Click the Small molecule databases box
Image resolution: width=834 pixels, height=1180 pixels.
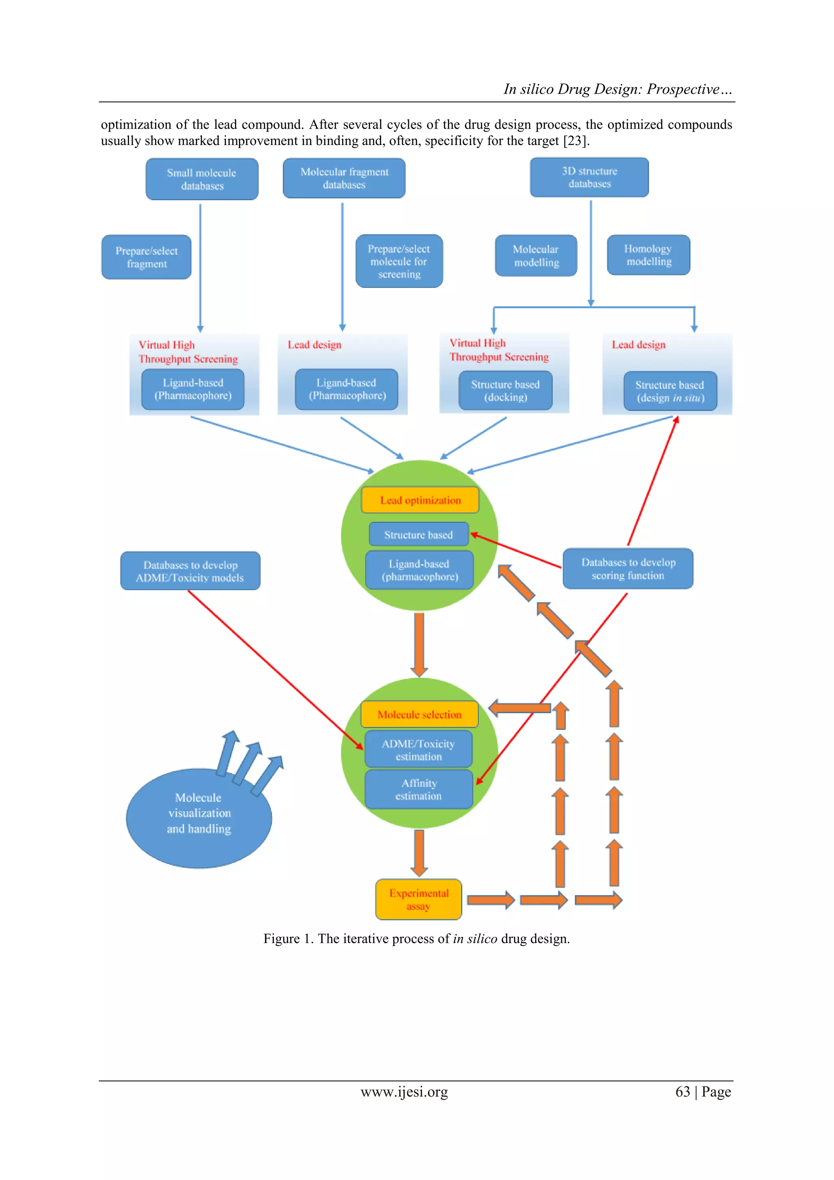point(202,179)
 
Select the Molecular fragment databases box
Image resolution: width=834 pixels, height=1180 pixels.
point(344,178)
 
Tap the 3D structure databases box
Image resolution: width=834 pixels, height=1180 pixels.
point(589,177)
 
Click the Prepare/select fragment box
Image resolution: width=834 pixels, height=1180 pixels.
point(147,257)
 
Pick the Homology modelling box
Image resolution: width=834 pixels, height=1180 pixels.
point(648,255)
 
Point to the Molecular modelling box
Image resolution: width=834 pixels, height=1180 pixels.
point(536,255)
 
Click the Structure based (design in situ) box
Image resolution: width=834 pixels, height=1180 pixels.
point(669,391)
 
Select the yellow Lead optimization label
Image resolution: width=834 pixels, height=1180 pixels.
point(420,500)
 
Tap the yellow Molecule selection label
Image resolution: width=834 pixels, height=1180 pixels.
point(419,714)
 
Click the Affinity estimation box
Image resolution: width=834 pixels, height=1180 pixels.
point(418,789)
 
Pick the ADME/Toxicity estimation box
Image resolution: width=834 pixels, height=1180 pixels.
point(418,750)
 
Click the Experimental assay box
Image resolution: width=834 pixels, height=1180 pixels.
point(418,899)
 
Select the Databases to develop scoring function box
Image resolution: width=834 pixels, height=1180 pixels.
point(628,569)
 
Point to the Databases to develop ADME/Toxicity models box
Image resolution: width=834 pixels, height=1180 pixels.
point(190,571)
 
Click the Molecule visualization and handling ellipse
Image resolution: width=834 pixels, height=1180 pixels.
point(198,818)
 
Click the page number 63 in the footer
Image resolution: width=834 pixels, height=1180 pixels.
point(683,1091)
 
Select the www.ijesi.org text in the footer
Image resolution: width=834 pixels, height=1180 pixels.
point(404,1091)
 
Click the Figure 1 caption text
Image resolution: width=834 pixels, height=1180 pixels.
point(416,938)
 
